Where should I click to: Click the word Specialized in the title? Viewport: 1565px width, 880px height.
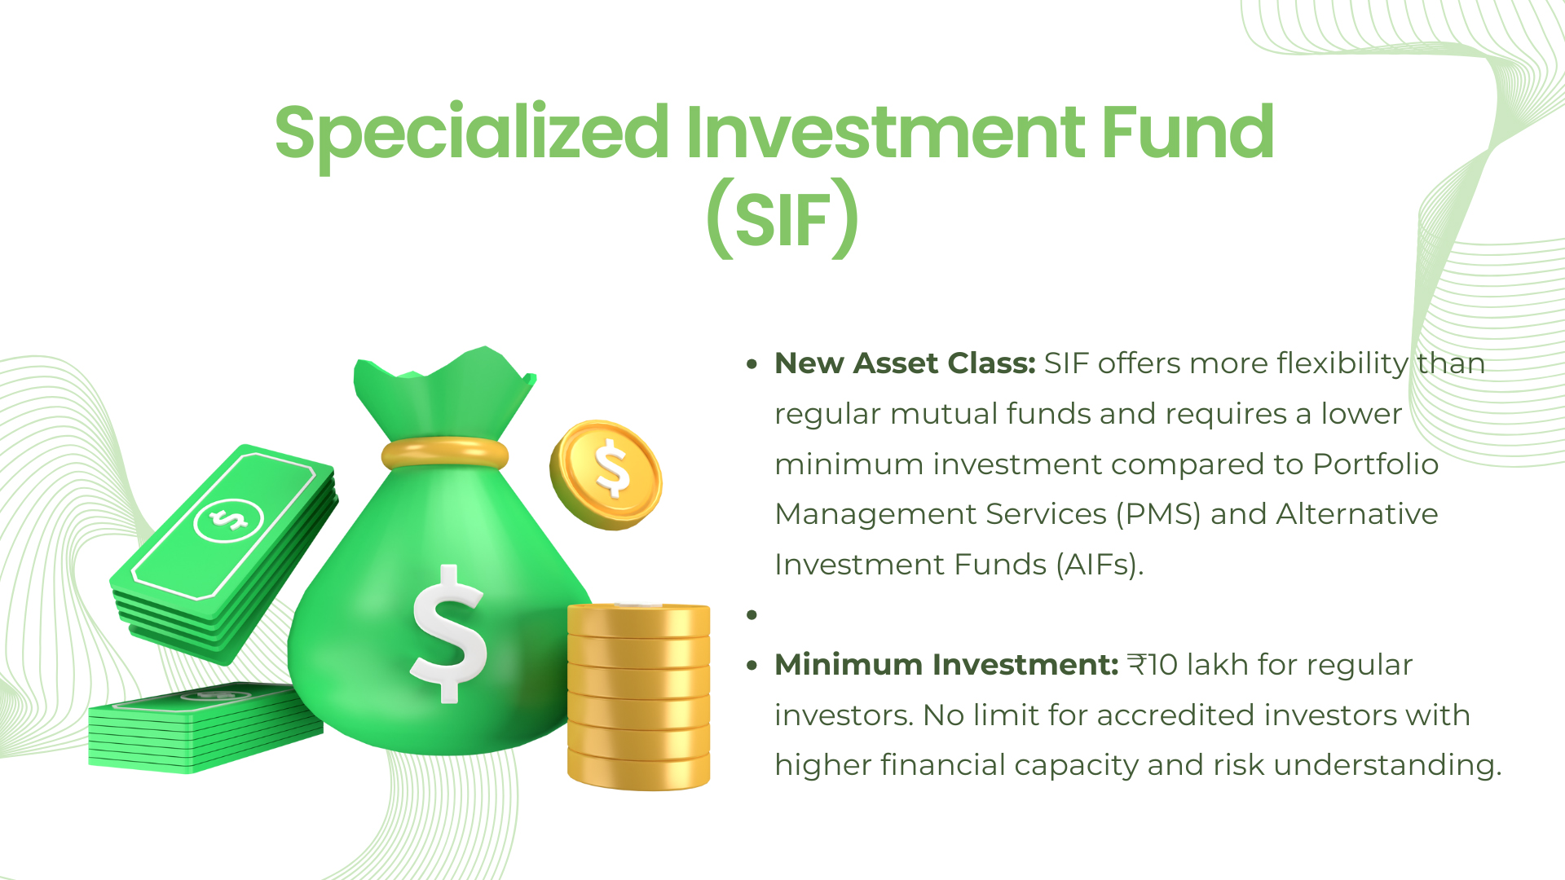pos(472,134)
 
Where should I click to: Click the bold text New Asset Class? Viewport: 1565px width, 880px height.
pos(905,363)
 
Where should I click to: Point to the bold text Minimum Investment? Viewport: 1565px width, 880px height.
pos(946,665)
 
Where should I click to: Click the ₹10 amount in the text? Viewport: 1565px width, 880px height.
pos(1153,665)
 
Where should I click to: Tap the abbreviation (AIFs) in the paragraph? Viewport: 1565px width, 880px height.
pos(1100,565)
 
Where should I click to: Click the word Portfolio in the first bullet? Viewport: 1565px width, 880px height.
pos(1375,464)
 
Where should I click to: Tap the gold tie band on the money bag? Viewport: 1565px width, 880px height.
pos(445,453)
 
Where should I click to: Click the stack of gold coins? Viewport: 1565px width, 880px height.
pos(638,696)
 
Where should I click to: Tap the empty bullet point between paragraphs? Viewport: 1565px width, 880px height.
pos(752,614)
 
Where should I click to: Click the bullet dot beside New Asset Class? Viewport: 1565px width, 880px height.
pos(752,364)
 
